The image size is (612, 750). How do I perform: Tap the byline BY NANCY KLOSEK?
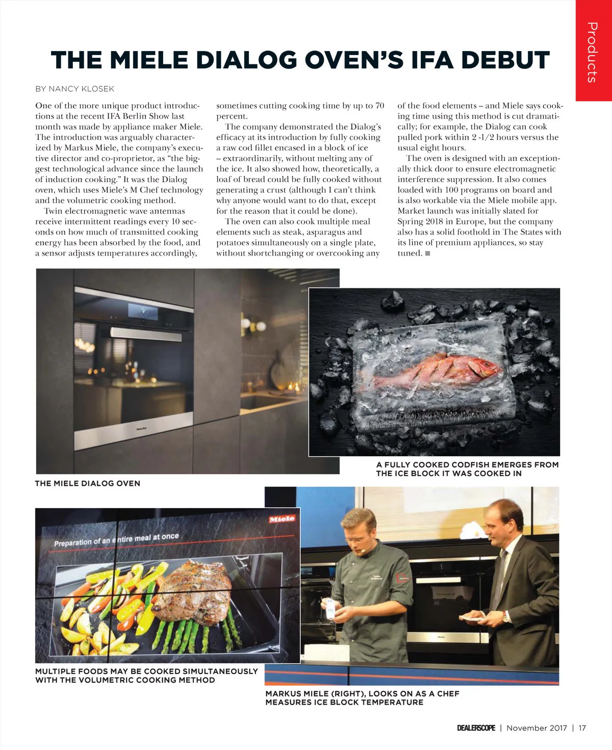pyautogui.click(x=75, y=89)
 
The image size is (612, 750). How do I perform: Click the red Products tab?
pyautogui.click(x=593, y=51)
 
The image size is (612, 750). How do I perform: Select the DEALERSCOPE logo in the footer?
pyautogui.click(x=476, y=728)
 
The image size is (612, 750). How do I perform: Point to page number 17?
pyautogui.click(x=582, y=728)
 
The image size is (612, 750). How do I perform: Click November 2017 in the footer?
pyautogui.click(x=537, y=728)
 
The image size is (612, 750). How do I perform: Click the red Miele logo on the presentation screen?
pyautogui.click(x=282, y=519)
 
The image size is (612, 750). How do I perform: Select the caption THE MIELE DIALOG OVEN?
pyautogui.click(x=87, y=483)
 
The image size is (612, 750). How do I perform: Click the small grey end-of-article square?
pyautogui.click(x=427, y=253)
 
